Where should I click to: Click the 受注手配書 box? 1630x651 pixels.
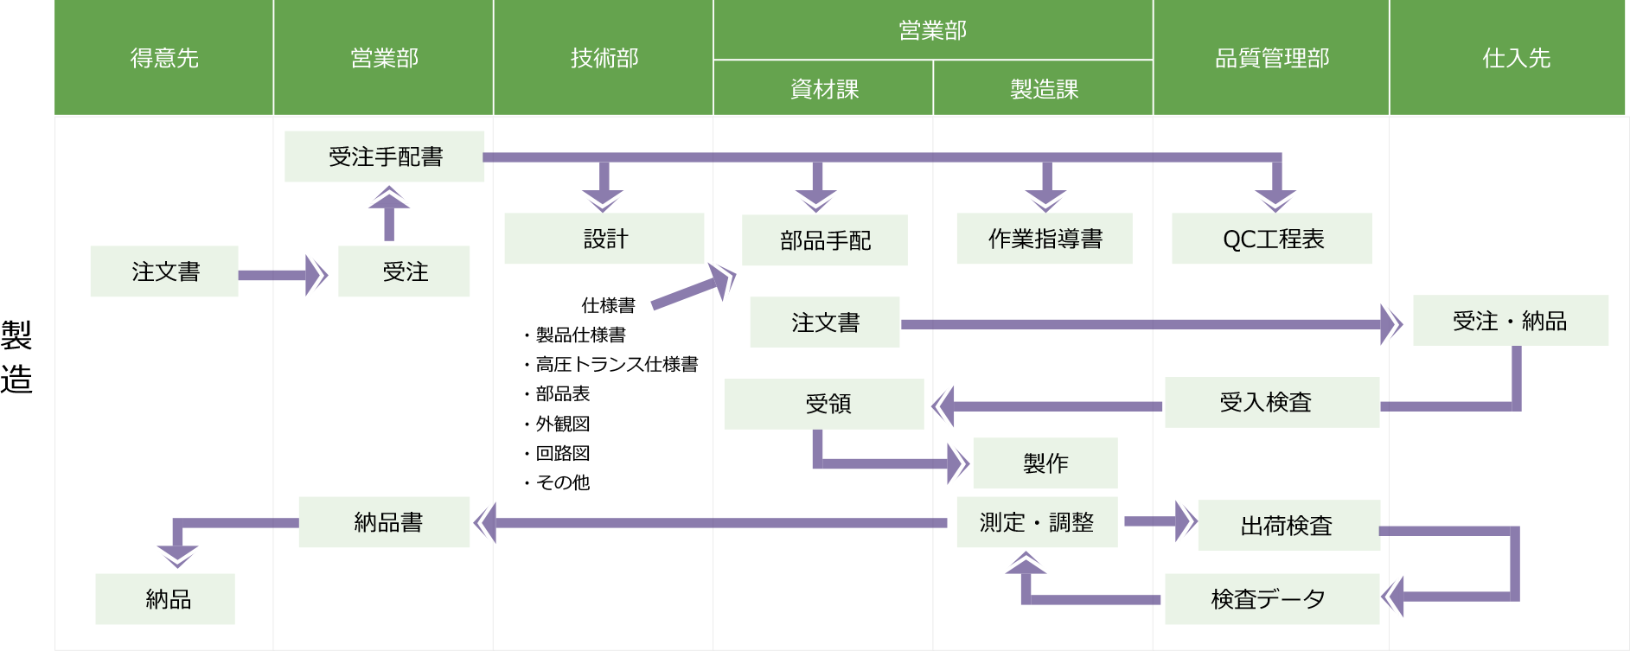tap(384, 156)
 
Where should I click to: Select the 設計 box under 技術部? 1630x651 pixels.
tap(604, 239)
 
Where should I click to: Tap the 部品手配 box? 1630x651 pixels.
tap(824, 240)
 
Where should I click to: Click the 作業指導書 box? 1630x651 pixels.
tap(1045, 239)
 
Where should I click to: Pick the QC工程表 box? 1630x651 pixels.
tap(1272, 239)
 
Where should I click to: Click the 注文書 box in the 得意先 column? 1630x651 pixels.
tap(164, 271)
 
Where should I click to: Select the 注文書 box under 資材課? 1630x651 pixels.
tap(824, 322)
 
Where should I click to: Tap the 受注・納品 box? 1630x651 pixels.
tap(1510, 321)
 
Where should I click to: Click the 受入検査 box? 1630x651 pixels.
tap(1271, 402)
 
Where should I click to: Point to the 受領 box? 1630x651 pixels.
tap(824, 404)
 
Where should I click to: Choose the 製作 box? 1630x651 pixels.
tap(1045, 463)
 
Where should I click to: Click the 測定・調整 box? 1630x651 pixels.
tap(1037, 522)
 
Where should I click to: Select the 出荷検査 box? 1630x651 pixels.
tap(1288, 526)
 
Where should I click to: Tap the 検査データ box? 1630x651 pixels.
tap(1271, 599)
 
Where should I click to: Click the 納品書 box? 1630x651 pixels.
tap(384, 522)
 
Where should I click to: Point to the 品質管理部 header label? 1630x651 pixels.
tap(1271, 58)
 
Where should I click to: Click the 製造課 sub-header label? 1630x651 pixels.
tap(1044, 89)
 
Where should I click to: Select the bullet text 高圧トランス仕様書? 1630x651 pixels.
tap(617, 364)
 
